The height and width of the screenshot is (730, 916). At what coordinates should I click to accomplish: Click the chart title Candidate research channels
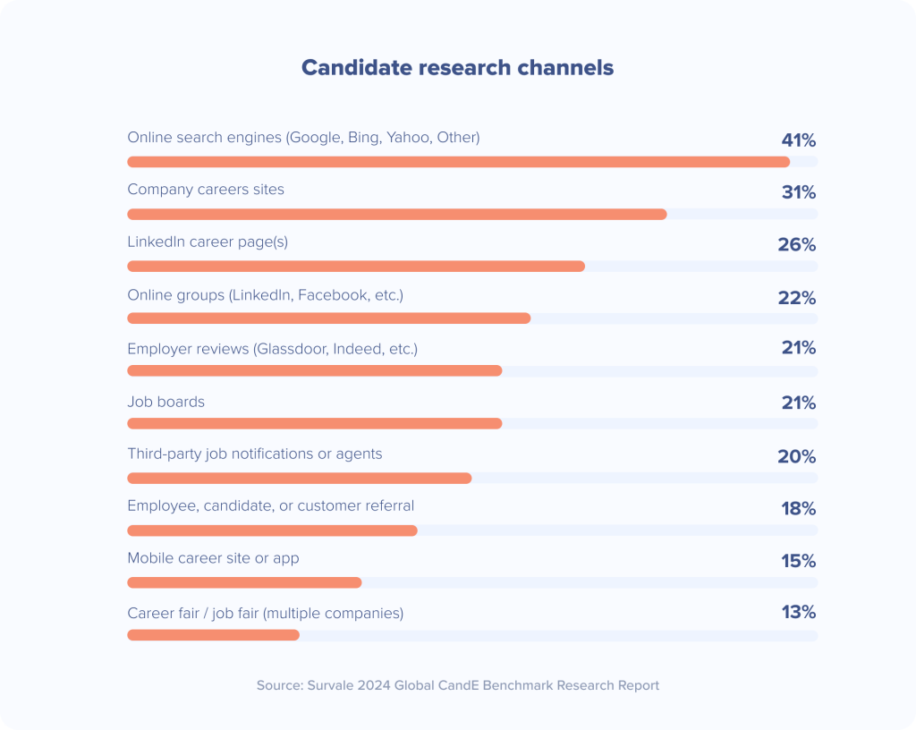tap(457, 68)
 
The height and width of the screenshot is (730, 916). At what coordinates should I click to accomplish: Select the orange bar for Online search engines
tap(458, 162)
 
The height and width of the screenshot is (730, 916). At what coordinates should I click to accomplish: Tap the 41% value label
tap(798, 140)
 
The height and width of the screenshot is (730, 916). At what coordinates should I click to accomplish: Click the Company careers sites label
tap(206, 190)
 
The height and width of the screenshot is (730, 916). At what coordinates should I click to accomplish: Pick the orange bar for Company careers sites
tap(396, 214)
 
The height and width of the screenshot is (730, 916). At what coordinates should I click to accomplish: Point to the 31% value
tap(798, 192)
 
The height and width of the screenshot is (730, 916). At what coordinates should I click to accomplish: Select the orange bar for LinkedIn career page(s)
tap(355, 266)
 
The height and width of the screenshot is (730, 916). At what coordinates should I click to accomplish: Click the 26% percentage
tap(796, 244)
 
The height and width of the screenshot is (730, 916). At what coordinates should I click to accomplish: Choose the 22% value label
tap(796, 298)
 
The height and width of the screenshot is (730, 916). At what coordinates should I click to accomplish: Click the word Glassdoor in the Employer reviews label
tap(290, 349)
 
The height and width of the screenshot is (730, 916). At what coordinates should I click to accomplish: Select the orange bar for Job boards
tap(314, 423)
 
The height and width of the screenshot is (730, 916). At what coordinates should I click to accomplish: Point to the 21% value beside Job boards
tap(798, 403)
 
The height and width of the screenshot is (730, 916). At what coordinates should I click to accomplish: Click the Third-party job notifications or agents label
tap(254, 454)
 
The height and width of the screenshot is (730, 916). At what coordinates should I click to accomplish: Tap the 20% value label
tap(796, 456)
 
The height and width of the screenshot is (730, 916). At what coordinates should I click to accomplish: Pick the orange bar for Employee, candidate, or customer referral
tap(272, 531)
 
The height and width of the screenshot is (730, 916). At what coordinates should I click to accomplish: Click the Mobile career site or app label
tap(213, 558)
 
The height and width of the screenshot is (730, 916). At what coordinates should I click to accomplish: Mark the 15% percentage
tap(798, 561)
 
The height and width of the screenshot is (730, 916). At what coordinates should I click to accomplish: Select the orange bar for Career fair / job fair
tap(213, 635)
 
